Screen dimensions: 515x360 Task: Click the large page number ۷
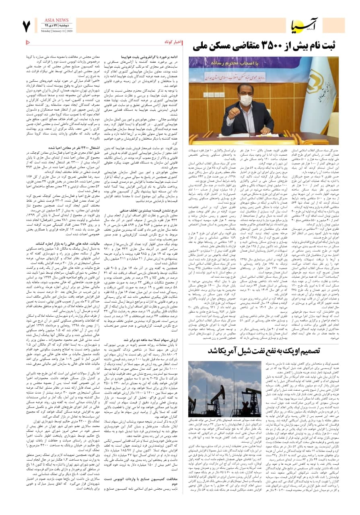coord(27,27)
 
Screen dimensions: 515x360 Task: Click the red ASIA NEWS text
coord(58,20)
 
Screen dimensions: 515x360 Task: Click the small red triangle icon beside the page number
coord(28,42)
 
